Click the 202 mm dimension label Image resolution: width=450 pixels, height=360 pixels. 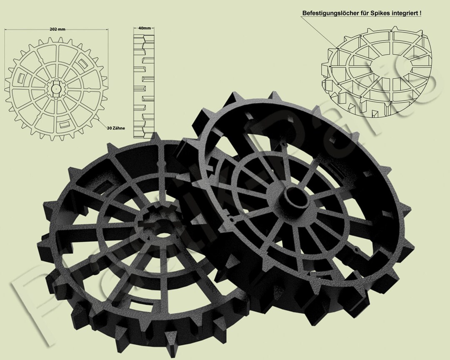click(57, 30)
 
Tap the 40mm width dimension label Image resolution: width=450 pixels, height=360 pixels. click(144, 28)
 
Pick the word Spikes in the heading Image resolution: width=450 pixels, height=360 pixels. click(379, 14)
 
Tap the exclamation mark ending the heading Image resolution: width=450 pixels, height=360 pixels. click(420, 14)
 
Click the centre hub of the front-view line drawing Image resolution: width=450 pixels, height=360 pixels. click(56, 88)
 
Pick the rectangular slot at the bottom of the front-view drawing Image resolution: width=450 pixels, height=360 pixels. click(65, 124)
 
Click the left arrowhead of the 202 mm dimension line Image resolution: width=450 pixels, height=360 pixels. click(6, 30)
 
